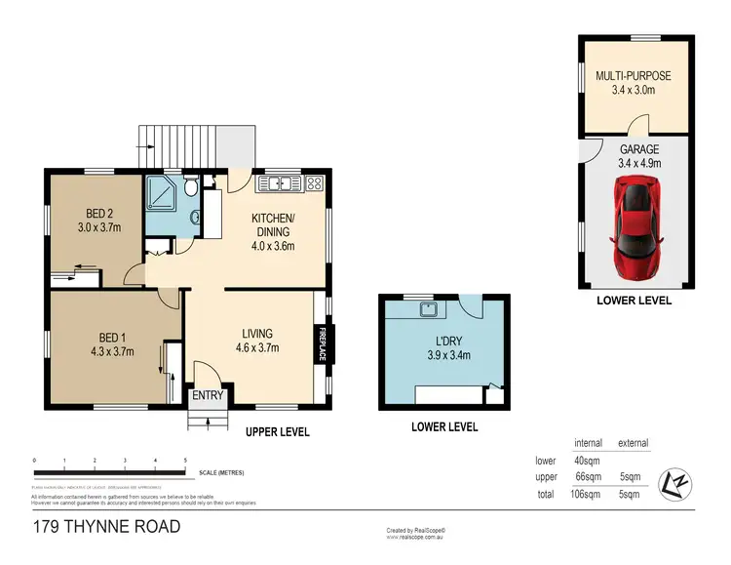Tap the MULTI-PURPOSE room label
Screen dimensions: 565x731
pos(634,83)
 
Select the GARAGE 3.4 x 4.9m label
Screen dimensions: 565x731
pos(639,156)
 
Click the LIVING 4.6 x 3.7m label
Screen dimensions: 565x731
pos(257,340)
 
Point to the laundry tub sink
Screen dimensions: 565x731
pos(426,310)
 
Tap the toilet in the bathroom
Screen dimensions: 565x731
pos(194,185)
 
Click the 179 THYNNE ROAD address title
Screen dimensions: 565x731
pos(104,528)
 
